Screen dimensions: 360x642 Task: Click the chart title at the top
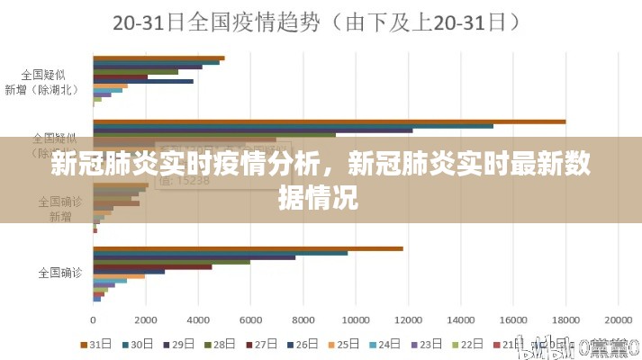321,25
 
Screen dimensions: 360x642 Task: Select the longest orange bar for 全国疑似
329,121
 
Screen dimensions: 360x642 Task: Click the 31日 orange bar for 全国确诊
248,247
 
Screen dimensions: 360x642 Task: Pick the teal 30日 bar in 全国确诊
220,253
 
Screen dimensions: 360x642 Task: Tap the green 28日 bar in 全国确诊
171,262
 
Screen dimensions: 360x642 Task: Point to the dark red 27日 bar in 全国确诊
152,266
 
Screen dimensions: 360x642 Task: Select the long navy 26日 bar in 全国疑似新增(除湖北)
143,81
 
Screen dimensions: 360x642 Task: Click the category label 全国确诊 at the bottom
60,270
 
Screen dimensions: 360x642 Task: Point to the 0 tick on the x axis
94,319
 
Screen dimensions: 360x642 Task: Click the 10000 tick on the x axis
356,319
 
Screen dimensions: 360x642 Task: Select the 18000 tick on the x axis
565,319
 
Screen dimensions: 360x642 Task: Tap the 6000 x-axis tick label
251,319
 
